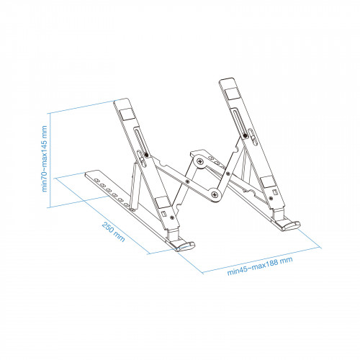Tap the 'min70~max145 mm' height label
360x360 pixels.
point(44,158)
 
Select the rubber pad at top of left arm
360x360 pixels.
point(124,112)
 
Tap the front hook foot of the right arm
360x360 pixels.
point(290,224)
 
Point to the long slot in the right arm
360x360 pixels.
point(243,122)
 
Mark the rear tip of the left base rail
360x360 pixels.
point(88,175)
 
